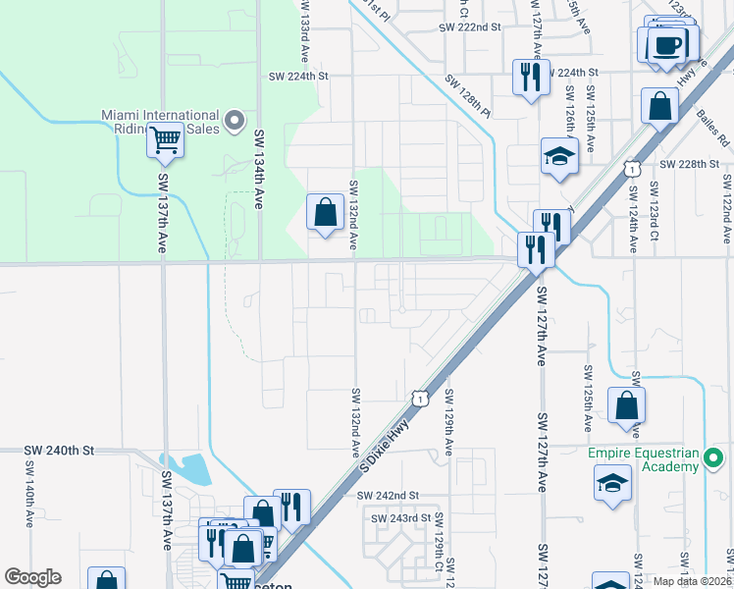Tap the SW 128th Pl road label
[467, 94]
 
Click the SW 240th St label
[59, 451]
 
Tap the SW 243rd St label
[401, 517]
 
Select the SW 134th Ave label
[260, 157]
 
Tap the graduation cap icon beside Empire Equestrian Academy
[613, 483]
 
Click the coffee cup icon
[667, 45]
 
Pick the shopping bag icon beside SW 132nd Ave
[325, 211]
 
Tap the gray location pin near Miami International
[234, 121]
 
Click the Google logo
[32, 577]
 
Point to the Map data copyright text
[692, 581]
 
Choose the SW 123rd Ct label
[653, 210]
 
